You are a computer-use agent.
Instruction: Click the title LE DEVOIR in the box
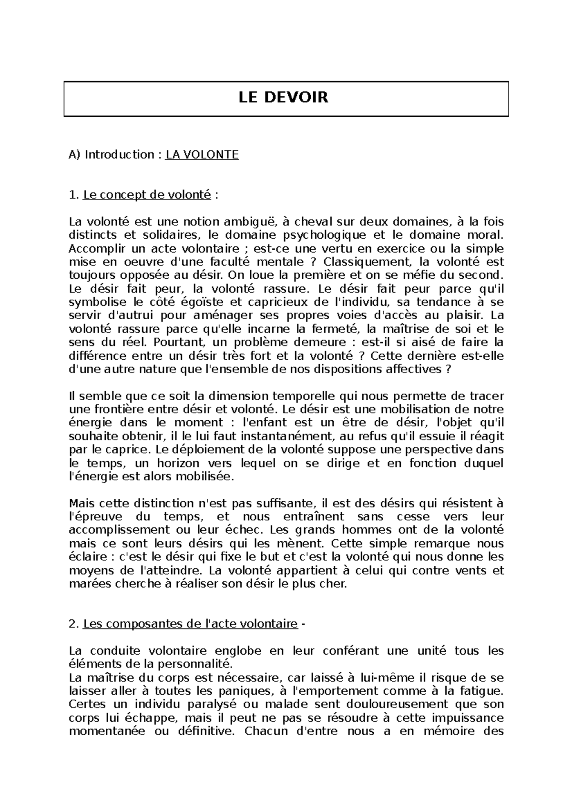(x=283, y=98)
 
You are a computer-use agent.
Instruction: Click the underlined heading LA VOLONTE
(x=202, y=155)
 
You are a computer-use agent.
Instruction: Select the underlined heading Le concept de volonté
(x=147, y=195)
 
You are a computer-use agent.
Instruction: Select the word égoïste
(x=216, y=303)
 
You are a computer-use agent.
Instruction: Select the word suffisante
(x=286, y=504)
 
